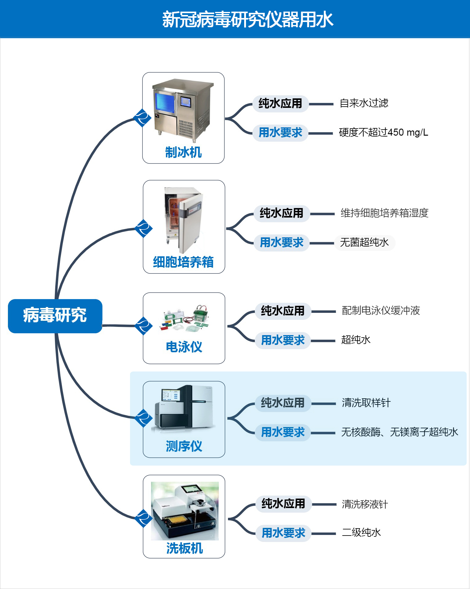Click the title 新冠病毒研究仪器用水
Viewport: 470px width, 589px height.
point(248,20)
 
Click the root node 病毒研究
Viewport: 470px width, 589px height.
point(55,316)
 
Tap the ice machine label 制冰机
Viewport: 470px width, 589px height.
point(183,152)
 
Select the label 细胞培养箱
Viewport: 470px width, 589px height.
point(183,262)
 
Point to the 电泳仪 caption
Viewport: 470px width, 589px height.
point(184,347)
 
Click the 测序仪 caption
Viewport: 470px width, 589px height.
point(184,446)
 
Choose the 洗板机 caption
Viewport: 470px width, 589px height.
point(185,548)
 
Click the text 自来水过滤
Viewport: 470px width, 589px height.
point(364,103)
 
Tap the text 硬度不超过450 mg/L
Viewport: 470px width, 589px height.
point(383,132)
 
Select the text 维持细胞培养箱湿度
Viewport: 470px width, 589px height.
point(385,213)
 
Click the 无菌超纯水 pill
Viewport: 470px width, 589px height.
point(364,243)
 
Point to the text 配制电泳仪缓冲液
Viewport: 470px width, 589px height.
point(381,310)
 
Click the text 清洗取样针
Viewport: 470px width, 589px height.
point(366,403)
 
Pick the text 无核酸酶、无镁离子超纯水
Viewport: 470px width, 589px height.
point(399,432)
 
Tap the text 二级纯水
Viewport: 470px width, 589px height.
point(361,532)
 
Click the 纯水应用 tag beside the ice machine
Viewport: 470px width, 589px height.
point(280,104)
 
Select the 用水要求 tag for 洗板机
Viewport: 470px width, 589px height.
point(284,533)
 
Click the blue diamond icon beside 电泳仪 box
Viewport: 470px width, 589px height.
point(143,326)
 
